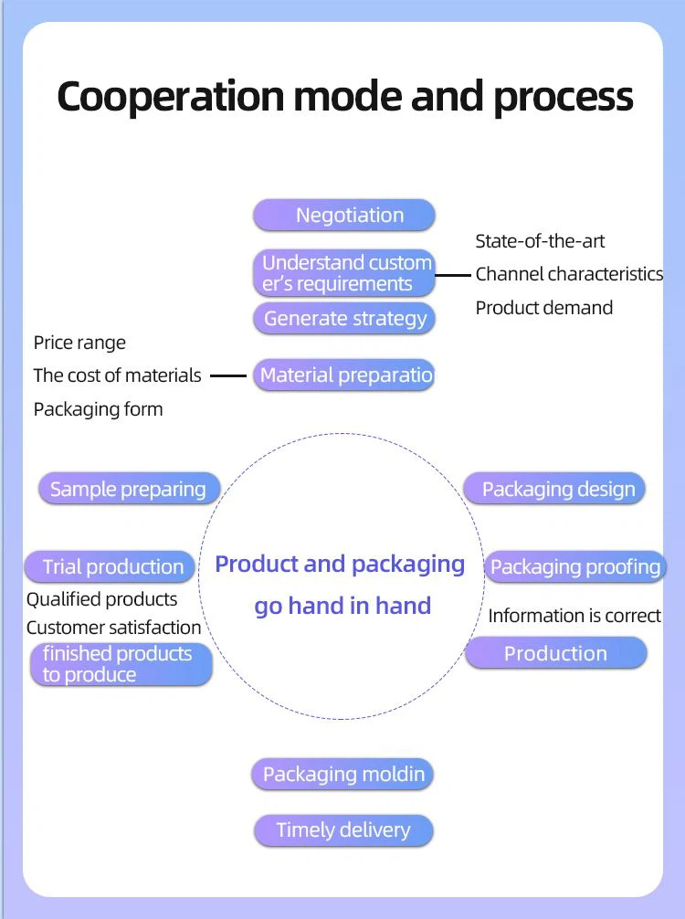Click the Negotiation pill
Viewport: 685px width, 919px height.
coord(343,216)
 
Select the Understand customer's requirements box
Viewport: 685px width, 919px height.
coord(343,273)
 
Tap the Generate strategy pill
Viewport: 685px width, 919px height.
coord(343,319)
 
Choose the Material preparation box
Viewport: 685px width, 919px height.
coord(343,375)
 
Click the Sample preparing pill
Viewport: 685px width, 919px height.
coord(129,489)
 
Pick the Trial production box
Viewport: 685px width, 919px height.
coord(111,566)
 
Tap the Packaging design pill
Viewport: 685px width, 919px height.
coord(555,489)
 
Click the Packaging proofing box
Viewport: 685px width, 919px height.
coord(574,566)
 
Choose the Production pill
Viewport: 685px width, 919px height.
coord(555,653)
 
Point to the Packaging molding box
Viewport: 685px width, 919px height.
coord(342,775)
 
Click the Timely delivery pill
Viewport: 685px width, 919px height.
coord(342,830)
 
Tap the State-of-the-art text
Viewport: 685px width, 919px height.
coord(540,241)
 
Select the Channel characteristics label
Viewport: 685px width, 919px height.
coord(569,274)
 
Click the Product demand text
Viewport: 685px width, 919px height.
coord(543,308)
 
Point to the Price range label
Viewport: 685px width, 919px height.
coord(79,343)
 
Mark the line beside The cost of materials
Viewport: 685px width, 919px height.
coord(228,375)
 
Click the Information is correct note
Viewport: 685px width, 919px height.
coord(574,616)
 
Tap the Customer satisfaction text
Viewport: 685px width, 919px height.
coord(113,628)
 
